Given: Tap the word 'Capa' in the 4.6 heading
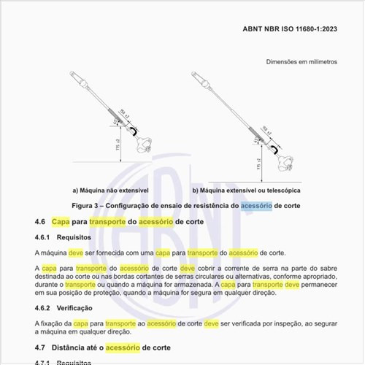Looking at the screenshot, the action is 62,220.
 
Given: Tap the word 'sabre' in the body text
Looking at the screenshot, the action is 321,269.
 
